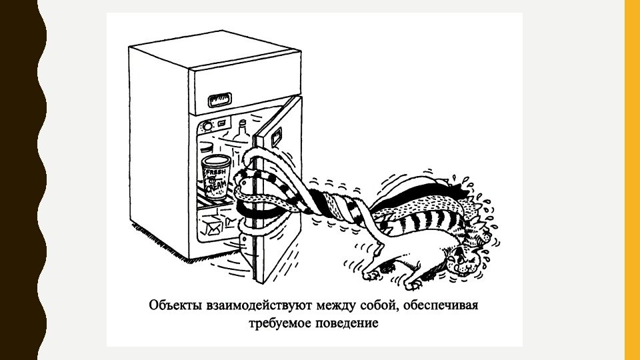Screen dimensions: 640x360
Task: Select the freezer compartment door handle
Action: click(219, 101)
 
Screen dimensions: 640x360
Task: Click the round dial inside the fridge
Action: click(207, 125)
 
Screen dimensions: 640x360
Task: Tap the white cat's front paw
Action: click(369, 273)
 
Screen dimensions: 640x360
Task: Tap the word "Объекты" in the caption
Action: click(174, 307)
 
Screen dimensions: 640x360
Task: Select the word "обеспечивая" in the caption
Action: click(449, 307)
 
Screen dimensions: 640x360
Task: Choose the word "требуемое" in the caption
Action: click(279, 325)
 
